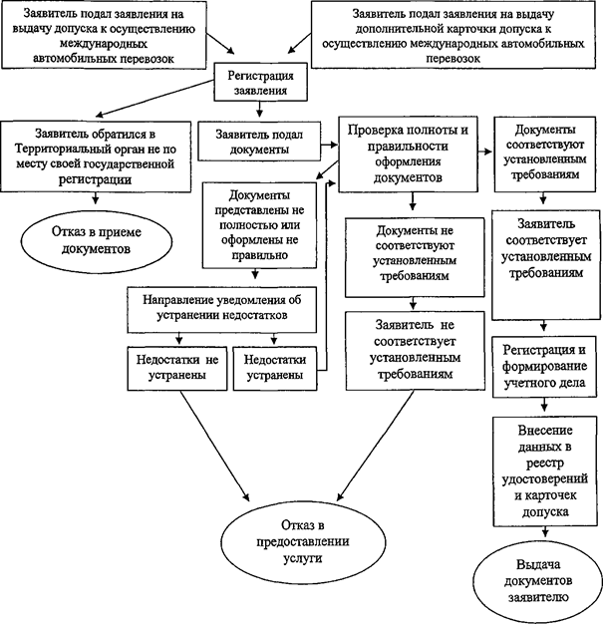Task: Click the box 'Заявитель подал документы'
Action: tap(259, 142)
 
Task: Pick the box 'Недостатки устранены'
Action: tap(273, 367)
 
